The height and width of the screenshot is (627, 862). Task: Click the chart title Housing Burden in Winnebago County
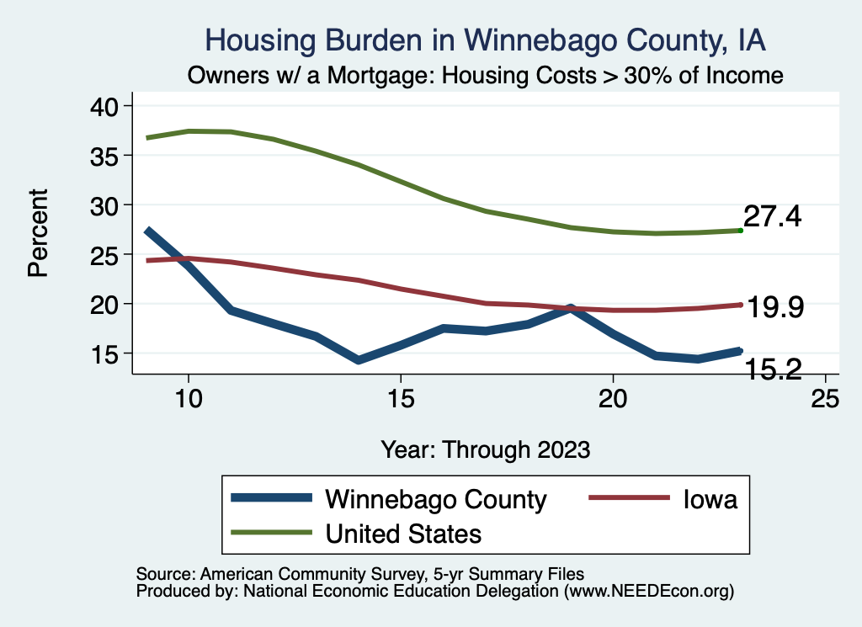click(x=486, y=40)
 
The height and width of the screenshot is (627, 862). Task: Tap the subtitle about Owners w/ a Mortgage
click(x=486, y=75)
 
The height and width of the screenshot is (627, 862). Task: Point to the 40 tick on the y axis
click(x=109, y=106)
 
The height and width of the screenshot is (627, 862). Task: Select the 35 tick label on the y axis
click(x=109, y=156)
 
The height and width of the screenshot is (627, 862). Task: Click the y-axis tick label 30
click(x=109, y=205)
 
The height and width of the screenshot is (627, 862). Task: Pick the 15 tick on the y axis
click(x=109, y=353)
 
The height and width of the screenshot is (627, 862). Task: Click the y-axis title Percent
click(x=37, y=233)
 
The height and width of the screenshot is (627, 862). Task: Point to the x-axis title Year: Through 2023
click(x=485, y=449)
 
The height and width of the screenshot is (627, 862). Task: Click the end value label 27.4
click(x=772, y=217)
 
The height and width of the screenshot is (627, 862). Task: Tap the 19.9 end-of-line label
click(x=775, y=308)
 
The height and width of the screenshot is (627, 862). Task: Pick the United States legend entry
click(x=403, y=533)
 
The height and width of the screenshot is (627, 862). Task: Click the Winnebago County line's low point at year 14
click(x=359, y=359)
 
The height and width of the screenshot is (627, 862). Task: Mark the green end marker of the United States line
click(x=740, y=230)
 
